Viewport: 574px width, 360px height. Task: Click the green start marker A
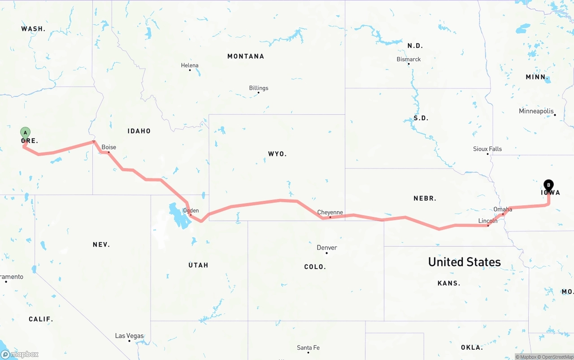pyautogui.click(x=26, y=133)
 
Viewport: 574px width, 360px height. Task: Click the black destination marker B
pyautogui.click(x=548, y=185)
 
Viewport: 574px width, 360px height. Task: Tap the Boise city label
pyautogui.click(x=109, y=147)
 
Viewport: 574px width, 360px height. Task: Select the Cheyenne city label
pyautogui.click(x=330, y=213)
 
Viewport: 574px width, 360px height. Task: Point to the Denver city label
pyautogui.click(x=327, y=247)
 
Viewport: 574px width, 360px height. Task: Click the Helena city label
pyautogui.click(x=190, y=65)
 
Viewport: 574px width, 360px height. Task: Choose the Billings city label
pyautogui.click(x=259, y=88)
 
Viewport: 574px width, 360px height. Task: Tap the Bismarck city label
pyautogui.click(x=409, y=59)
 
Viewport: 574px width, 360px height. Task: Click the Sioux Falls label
pyautogui.click(x=487, y=149)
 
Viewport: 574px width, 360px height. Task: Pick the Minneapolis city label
pyautogui.click(x=536, y=111)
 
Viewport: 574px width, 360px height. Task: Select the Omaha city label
pyautogui.click(x=503, y=209)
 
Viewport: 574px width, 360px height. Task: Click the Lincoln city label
pyautogui.click(x=488, y=221)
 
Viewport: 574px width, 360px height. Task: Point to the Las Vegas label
pyautogui.click(x=129, y=336)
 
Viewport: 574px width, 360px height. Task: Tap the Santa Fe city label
pyautogui.click(x=308, y=347)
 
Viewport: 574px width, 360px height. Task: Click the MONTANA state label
pyautogui.click(x=246, y=56)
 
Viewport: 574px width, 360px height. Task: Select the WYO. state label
pyautogui.click(x=277, y=154)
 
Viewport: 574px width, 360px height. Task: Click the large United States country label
pyautogui.click(x=464, y=262)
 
